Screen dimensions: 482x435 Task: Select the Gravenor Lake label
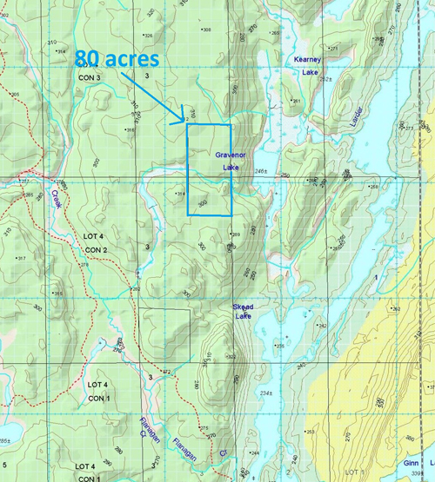(x=230, y=160)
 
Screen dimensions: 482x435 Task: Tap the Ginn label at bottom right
(x=412, y=465)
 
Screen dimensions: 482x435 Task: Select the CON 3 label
(x=90, y=77)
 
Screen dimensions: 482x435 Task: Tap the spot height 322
(x=231, y=357)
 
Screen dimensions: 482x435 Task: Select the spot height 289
(x=235, y=234)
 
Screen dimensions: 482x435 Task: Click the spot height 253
(x=311, y=432)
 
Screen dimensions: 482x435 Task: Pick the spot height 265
(x=276, y=33)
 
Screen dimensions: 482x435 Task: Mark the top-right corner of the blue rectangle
(x=231, y=125)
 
